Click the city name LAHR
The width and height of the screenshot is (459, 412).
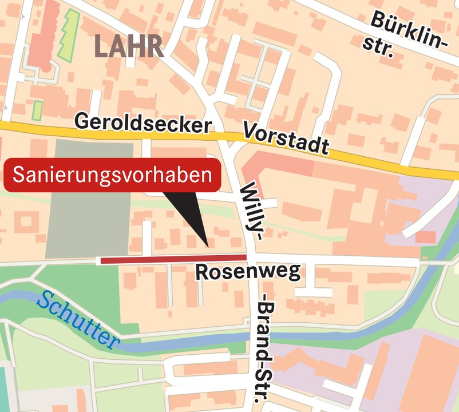tap(129, 46)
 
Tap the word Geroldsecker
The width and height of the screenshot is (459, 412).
tap(143, 123)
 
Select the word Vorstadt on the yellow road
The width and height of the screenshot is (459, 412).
tap(286, 138)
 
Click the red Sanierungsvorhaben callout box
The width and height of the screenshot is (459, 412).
tap(113, 176)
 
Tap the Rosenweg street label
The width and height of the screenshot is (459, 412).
tap(248, 272)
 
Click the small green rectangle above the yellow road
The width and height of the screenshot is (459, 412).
tap(37, 110)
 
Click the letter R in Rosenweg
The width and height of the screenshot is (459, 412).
tap(202, 273)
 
